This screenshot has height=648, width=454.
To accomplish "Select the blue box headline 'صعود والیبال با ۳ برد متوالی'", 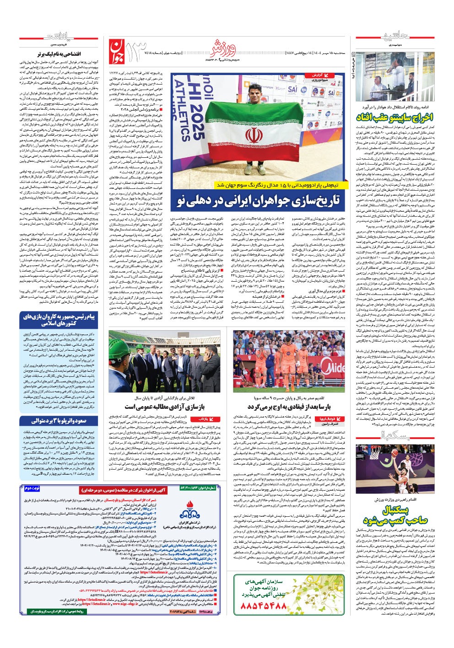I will click(59, 421).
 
